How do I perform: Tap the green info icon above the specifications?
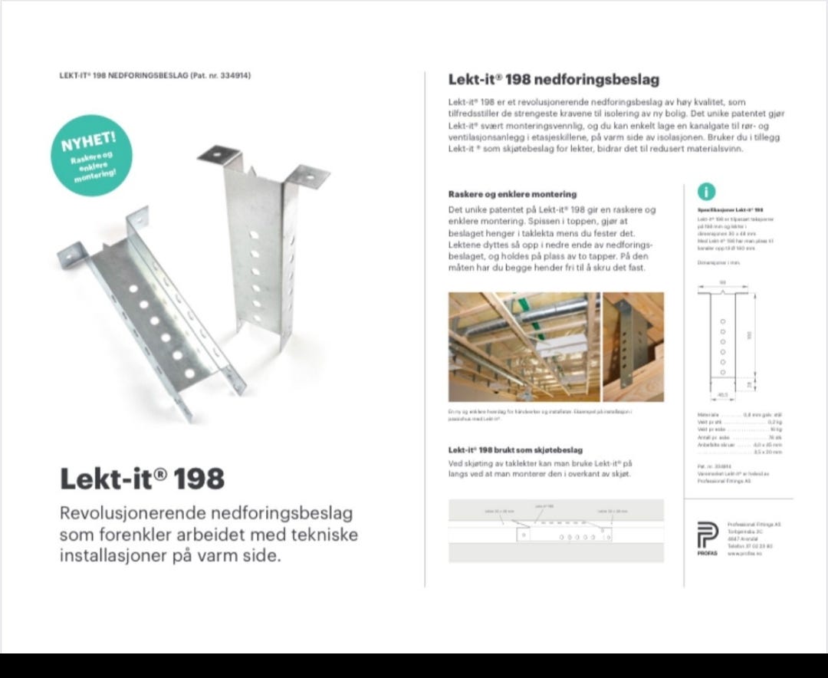pos(706,193)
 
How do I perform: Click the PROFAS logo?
pos(707,535)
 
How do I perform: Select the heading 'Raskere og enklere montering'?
pos(512,194)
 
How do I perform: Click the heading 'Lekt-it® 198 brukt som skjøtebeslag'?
pos(515,450)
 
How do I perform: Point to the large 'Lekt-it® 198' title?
pos(143,479)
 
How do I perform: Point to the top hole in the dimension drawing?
pos(722,320)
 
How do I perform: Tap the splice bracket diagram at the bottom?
pos(556,531)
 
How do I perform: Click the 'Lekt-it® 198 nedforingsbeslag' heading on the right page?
pos(554,80)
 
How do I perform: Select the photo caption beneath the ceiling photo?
pos(540,415)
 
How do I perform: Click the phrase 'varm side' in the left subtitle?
pos(240,555)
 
